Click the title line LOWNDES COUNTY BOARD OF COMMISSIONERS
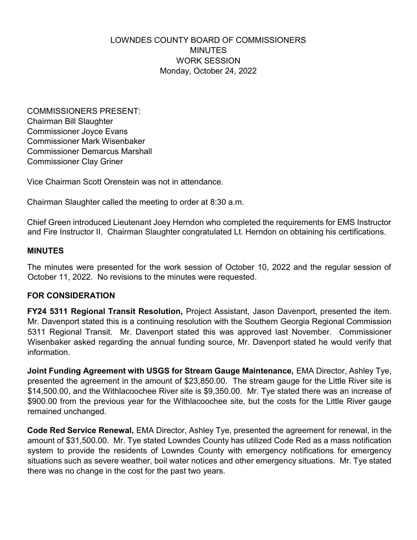[x=208, y=40]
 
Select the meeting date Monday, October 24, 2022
[x=208, y=71]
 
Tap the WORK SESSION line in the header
[x=208, y=61]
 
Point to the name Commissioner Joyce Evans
[x=78, y=131]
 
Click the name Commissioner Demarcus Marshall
[x=89, y=151]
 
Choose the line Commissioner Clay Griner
[x=75, y=162]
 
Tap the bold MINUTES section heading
[x=45, y=251]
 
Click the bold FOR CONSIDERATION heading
[x=71, y=296]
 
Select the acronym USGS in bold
[x=158, y=371]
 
